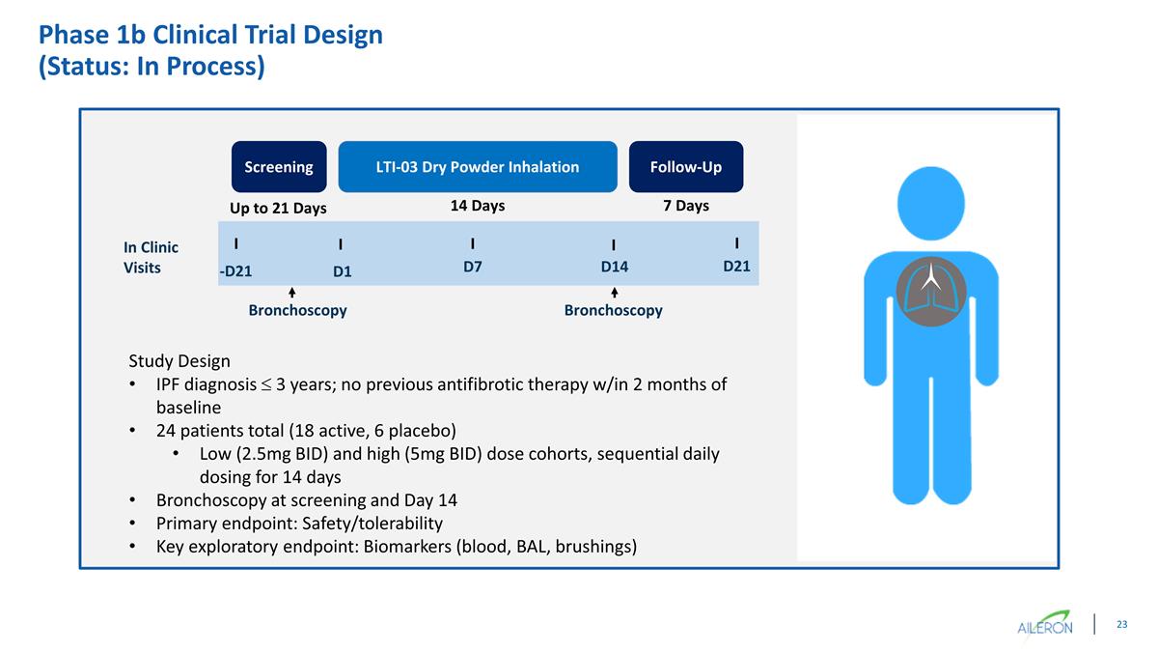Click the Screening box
278,167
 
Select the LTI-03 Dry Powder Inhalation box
477,167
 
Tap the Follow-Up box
685,167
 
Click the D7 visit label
472,267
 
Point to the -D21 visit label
235,271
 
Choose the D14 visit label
614,267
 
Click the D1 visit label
342,271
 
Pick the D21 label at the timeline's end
736,267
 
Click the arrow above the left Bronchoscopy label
291,292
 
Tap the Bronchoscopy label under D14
613,311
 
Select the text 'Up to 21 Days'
278,209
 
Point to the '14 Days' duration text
478,206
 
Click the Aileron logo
1046,624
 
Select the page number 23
1121,625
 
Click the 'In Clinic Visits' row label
150,258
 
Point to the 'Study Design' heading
179,361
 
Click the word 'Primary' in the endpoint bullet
185,524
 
